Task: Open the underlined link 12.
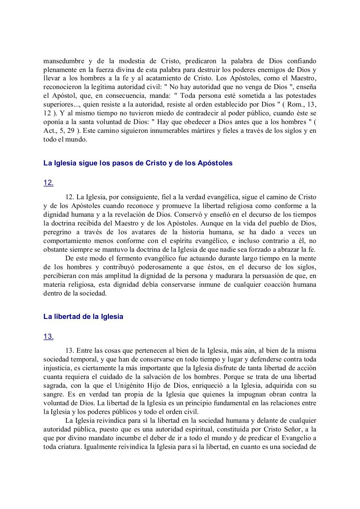tap(48, 183)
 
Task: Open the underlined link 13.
tap(48, 336)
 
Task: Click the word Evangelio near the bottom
tap(294, 438)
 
